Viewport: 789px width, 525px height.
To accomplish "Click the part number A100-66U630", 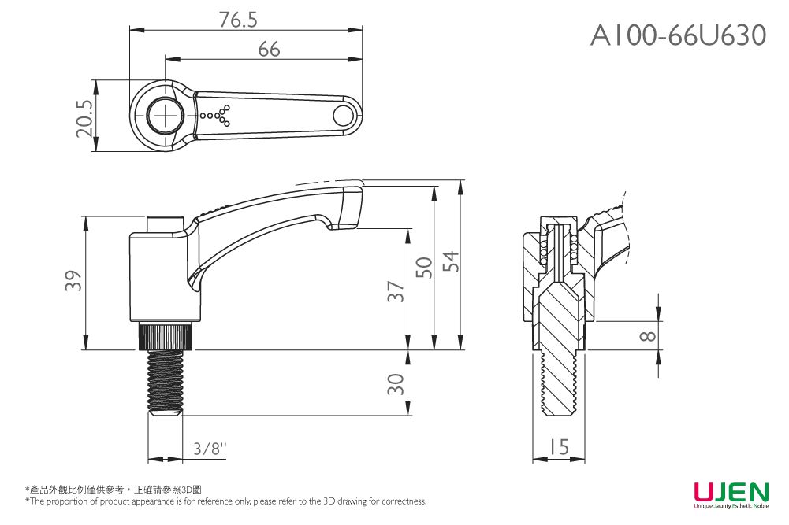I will (678, 35).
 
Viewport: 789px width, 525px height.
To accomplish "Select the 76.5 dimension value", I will (238, 20).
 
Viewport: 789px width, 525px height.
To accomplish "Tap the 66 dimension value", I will (269, 50).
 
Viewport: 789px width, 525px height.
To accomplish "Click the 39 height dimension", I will (73, 281).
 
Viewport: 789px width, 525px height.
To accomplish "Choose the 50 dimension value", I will (424, 268).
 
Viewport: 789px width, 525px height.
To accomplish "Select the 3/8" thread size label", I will (210, 449).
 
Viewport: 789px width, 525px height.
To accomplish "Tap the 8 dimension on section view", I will (647, 336).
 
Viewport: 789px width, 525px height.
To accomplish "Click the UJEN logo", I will (731, 494).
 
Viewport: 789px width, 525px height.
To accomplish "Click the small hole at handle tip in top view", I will (343, 116).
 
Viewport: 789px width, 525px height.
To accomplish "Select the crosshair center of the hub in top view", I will (166, 116).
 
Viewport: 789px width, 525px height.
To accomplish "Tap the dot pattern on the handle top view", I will (217, 116).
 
